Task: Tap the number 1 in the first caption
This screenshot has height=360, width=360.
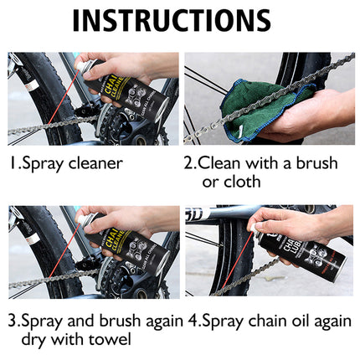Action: tap(12, 163)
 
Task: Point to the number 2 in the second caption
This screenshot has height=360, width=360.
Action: tap(189, 163)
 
